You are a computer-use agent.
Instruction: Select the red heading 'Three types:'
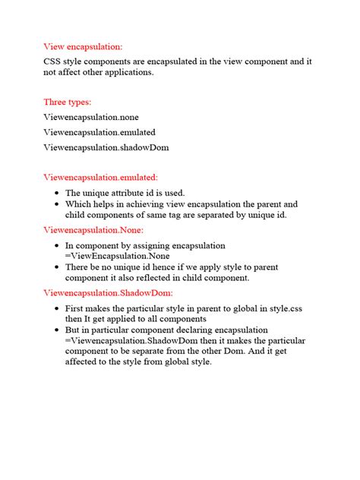[69, 101]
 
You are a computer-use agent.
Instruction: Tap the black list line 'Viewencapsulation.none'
[91, 117]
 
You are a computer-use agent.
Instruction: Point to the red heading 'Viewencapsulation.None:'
[93, 229]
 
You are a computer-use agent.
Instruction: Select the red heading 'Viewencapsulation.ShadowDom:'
[108, 292]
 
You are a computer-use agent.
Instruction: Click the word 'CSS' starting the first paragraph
[54, 60]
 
